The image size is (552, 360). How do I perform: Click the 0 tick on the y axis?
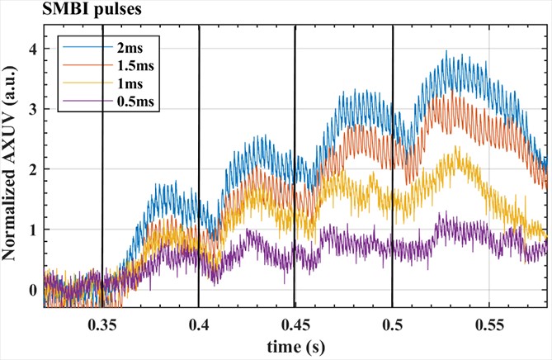click(x=34, y=290)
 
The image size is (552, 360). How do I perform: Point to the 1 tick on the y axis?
click(x=34, y=230)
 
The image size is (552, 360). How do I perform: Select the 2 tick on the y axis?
click(x=34, y=169)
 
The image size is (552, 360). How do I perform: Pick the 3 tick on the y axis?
click(x=34, y=109)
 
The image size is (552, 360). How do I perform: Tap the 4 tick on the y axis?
click(x=34, y=49)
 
